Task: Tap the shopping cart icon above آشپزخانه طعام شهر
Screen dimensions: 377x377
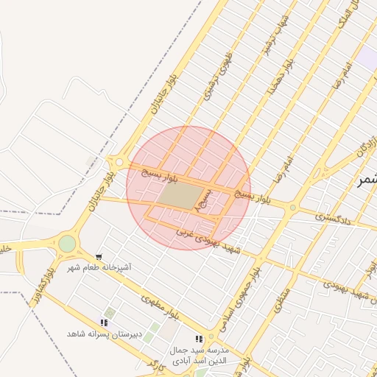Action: [x=99, y=256]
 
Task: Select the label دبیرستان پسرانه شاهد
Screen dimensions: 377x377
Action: [x=99, y=334]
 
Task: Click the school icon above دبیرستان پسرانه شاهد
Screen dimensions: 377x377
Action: [x=105, y=323]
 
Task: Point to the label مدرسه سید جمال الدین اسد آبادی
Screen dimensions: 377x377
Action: [x=200, y=355]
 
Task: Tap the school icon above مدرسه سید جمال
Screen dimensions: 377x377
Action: [x=199, y=339]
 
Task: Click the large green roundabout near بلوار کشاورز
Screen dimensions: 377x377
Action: [x=67, y=243]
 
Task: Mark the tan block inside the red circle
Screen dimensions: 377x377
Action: [x=180, y=194]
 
